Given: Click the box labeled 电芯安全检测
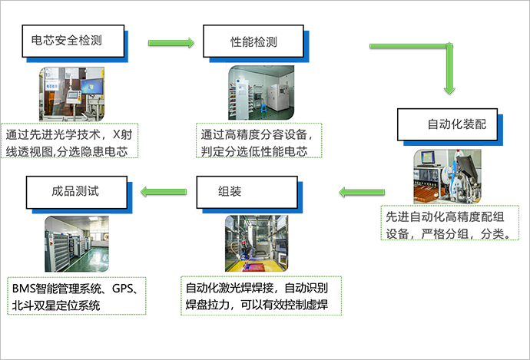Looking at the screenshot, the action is (x=73, y=41).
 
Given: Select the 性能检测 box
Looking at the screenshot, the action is (x=253, y=41).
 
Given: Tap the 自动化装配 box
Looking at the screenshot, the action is (x=448, y=124).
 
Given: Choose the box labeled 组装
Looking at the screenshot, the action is (x=247, y=192).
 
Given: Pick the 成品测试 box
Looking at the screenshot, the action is (x=77, y=192).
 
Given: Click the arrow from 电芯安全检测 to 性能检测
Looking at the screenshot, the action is (x=171, y=43).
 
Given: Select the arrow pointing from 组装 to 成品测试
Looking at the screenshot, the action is (x=164, y=192).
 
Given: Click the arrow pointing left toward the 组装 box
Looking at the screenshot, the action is (x=362, y=192).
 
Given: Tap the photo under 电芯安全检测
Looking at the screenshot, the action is (x=71, y=94).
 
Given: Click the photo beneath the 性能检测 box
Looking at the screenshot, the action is (x=261, y=93).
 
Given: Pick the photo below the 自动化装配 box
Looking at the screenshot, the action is (x=447, y=177).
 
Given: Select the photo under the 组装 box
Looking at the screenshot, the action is (x=257, y=243).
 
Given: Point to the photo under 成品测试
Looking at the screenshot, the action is (x=77, y=244).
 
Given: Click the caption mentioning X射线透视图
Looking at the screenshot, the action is (x=70, y=140).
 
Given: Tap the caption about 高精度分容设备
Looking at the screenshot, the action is (x=259, y=140).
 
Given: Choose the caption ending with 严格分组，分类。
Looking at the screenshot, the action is (x=449, y=223).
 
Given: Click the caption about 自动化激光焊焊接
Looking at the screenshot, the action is (x=261, y=296).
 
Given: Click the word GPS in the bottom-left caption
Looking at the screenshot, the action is (x=121, y=289).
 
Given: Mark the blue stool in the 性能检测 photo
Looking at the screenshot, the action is (x=263, y=108).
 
